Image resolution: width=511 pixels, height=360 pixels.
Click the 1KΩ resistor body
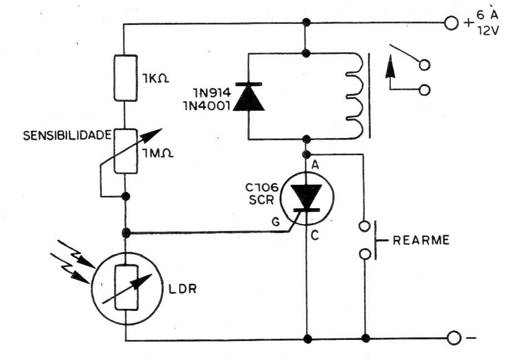[x=125, y=78]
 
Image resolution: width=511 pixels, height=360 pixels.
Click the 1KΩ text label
[x=155, y=78]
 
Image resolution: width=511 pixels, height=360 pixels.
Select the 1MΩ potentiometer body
[x=125, y=151]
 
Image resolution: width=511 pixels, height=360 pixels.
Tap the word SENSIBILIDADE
[x=67, y=136]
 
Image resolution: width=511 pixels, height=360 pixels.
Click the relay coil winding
[x=355, y=96]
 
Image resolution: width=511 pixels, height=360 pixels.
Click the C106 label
[x=262, y=188]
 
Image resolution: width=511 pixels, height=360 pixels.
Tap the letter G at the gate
[x=276, y=222]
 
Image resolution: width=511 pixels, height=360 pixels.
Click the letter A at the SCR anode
[x=315, y=165]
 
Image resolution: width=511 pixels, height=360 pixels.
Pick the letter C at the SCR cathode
[x=315, y=235]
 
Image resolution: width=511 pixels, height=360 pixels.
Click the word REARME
[x=421, y=240]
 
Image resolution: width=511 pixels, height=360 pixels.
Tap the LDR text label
[x=183, y=289]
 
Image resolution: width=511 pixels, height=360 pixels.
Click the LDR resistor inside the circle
[x=126, y=287]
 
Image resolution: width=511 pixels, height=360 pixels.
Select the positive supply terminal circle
[x=451, y=23]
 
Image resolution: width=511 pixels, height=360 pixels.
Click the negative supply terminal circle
[x=454, y=338]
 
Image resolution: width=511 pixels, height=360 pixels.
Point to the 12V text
[x=488, y=31]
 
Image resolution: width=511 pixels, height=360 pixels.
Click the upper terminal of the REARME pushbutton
[x=365, y=226]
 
